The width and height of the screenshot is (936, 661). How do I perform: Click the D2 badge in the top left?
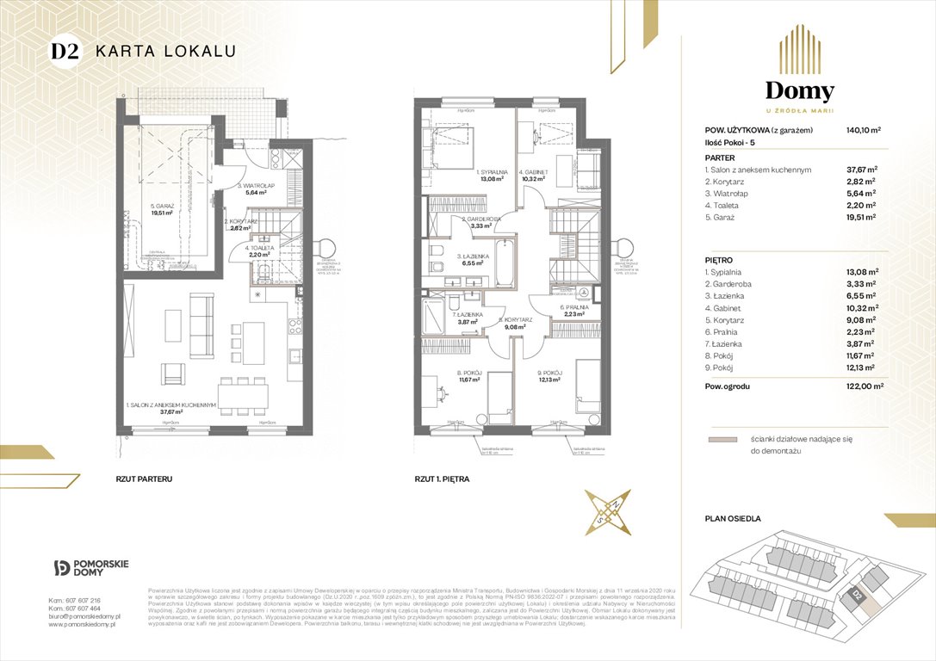tap(65, 51)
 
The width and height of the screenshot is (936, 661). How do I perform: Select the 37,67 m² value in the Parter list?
tap(861, 170)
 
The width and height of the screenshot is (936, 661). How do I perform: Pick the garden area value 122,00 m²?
tap(861, 386)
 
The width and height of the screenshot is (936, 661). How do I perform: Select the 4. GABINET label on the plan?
tap(535, 172)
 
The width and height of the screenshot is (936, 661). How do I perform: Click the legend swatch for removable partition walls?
tap(722, 440)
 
